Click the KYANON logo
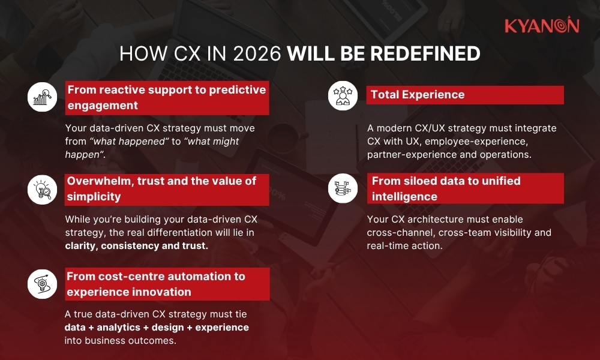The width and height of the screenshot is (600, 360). pos(541,26)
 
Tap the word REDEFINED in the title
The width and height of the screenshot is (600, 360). pos(425,54)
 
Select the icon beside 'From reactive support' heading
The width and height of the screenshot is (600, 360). pos(43,97)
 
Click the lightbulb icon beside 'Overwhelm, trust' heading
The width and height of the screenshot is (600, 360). pos(43,189)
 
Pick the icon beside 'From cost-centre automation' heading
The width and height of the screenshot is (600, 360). pos(43,284)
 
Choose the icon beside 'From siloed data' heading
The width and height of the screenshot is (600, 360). pos(343,188)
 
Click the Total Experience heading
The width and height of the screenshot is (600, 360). pos(418,95)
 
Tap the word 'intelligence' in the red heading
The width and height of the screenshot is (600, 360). pos(404,197)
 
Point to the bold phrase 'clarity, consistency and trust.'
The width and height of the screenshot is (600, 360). pos(137,246)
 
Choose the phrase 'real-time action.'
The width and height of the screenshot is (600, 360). pos(404,246)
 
